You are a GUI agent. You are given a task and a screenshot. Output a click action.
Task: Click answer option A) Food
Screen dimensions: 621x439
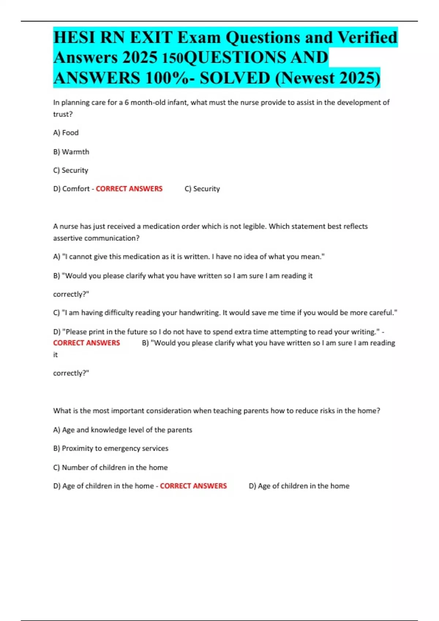[x=66, y=133]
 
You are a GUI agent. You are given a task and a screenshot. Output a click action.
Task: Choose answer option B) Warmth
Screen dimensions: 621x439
[x=71, y=152]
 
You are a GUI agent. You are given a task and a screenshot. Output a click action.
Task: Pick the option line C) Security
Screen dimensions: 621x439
[x=71, y=170]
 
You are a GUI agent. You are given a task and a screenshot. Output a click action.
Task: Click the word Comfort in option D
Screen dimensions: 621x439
[x=76, y=189]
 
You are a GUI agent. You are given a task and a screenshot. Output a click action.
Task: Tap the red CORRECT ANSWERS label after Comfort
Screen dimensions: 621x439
[x=129, y=189]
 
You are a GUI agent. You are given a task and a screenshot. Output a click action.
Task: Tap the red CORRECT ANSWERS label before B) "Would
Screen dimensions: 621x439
[x=86, y=343]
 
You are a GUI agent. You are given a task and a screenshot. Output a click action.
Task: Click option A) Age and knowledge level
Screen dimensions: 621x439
[x=123, y=430]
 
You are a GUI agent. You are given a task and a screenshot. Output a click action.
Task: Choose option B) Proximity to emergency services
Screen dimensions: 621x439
[x=111, y=449]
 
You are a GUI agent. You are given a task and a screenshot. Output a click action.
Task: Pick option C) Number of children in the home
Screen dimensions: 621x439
[x=110, y=468]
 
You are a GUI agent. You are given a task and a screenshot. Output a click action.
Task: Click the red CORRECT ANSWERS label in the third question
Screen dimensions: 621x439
[x=193, y=486]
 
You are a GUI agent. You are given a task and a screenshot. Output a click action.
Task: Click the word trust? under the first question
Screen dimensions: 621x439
[x=63, y=114]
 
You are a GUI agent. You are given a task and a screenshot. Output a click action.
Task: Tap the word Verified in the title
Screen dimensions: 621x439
[x=367, y=38]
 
